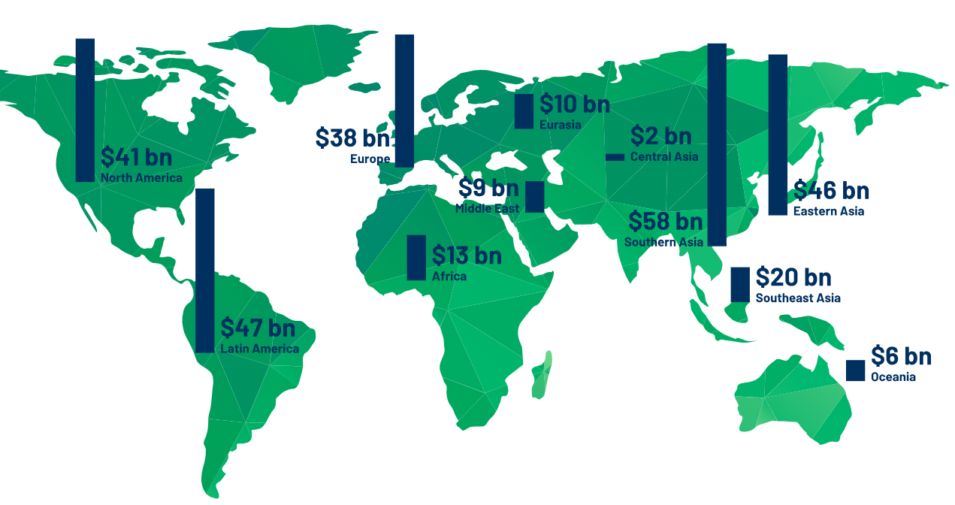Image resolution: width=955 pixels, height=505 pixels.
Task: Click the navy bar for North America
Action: tap(85, 110)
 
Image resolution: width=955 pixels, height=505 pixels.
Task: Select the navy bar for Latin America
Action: tap(204, 271)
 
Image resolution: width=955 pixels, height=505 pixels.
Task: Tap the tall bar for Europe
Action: tap(404, 101)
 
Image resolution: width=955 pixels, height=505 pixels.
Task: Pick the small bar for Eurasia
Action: tap(524, 111)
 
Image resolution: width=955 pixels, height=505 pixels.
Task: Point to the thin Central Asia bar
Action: tap(615, 157)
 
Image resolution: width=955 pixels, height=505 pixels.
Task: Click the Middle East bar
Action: tap(535, 196)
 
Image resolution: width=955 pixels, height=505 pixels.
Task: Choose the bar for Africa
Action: tap(416, 258)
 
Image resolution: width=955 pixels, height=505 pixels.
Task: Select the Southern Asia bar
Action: tap(717, 144)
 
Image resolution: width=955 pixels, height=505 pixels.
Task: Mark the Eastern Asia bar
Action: tap(778, 135)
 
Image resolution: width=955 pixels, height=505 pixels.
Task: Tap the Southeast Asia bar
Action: tap(740, 285)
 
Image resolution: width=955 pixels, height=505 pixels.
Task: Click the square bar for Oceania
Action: tap(855, 370)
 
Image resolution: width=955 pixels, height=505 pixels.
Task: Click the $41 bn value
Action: tap(136, 159)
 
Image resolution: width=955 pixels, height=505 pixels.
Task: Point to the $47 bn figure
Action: tap(258, 328)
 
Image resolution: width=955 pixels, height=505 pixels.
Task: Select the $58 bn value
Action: tap(665, 222)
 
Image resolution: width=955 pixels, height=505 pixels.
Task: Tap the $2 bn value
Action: tap(660, 136)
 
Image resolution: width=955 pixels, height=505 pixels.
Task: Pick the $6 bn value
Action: tap(901, 355)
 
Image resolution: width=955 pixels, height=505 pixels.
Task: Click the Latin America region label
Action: tap(259, 349)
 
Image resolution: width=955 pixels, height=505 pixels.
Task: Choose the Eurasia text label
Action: tap(560, 125)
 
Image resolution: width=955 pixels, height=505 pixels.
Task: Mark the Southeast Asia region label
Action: tap(798, 298)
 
